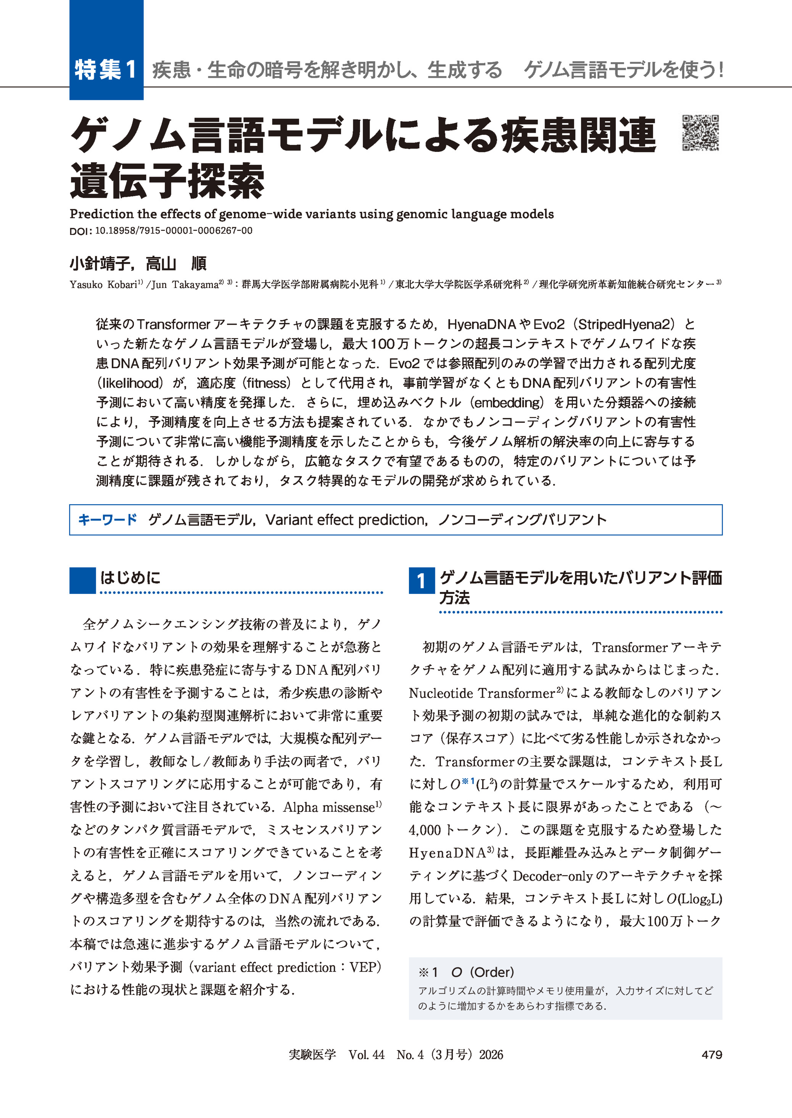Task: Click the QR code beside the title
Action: [x=700, y=133]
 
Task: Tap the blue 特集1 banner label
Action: [x=106, y=69]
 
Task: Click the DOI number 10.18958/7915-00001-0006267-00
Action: [x=174, y=231]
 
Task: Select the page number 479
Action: [x=712, y=1054]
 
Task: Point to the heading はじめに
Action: [x=130, y=578]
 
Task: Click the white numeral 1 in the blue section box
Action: [x=421, y=581]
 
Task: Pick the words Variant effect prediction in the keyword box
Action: [x=346, y=520]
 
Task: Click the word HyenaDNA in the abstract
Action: [x=482, y=324]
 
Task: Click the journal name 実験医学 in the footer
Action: [x=312, y=1054]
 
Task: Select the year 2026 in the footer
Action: [x=491, y=1054]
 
